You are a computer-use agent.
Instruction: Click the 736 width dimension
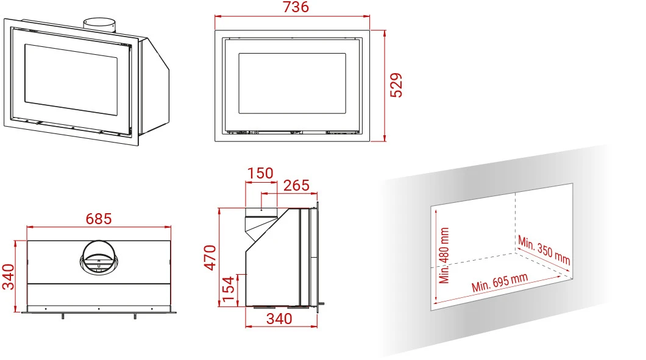point(296,7)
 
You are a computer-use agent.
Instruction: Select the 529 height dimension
point(396,85)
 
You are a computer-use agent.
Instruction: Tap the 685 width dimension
point(99,219)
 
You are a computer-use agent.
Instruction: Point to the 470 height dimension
point(210,258)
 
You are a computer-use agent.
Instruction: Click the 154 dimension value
point(228,289)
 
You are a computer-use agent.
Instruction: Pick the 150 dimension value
point(260,173)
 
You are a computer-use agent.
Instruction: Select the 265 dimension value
point(296,185)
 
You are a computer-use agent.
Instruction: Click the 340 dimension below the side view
point(279,319)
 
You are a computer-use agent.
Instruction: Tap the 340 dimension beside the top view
point(9,277)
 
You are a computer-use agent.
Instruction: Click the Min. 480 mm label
point(444,255)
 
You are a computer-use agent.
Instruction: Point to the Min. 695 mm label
point(500,283)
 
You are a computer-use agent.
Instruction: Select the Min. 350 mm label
point(544,250)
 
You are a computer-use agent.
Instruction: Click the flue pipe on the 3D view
point(99,24)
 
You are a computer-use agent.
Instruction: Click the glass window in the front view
point(292,83)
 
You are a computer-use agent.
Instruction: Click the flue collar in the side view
point(261,213)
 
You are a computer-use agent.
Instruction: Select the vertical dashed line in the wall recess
point(516,223)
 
